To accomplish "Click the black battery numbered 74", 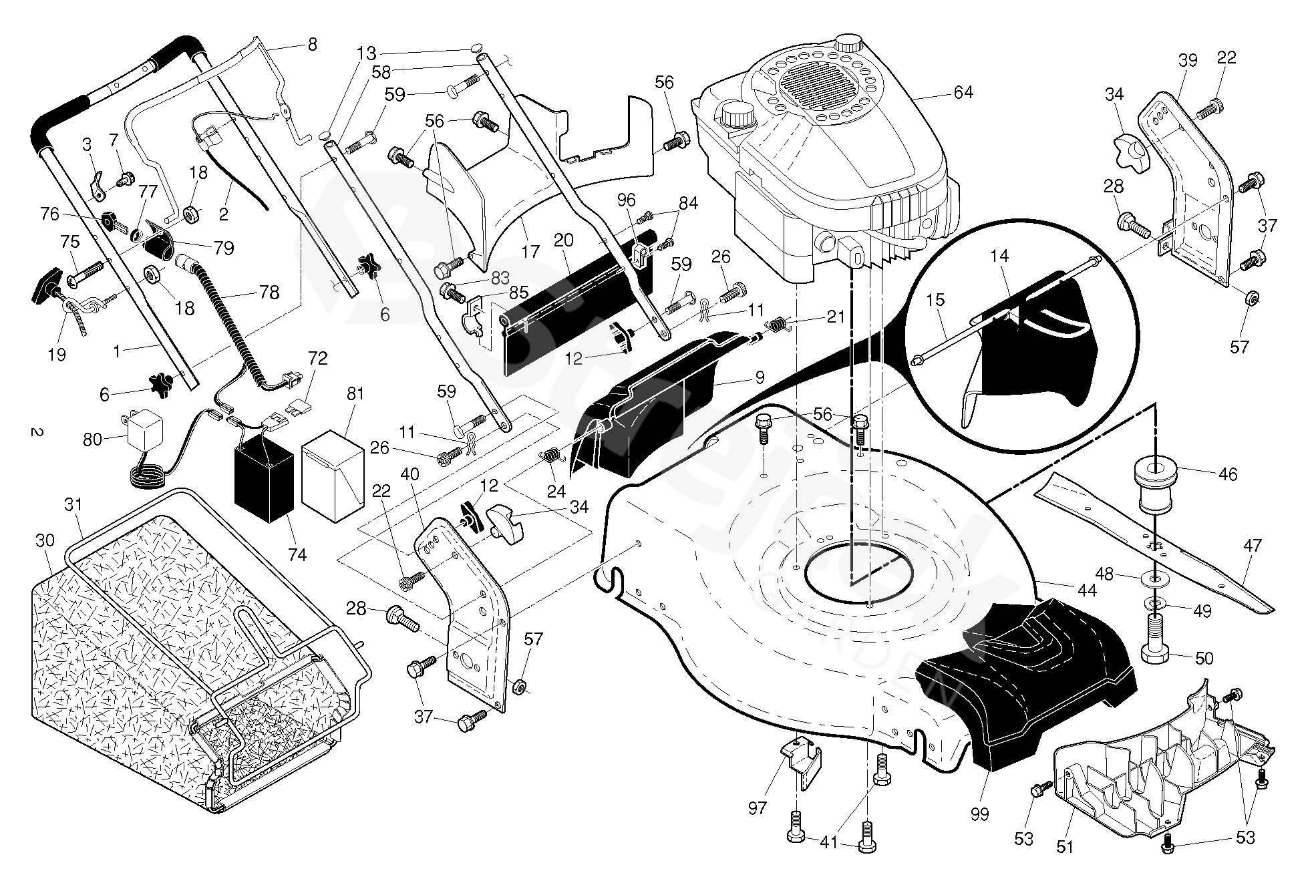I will [264, 478].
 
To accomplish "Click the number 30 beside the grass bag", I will [45, 540].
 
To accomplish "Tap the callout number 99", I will [979, 814].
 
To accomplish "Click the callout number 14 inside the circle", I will [999, 255].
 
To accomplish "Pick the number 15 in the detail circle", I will [936, 299].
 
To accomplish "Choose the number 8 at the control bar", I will [312, 45].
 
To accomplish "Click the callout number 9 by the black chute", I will [760, 378].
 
